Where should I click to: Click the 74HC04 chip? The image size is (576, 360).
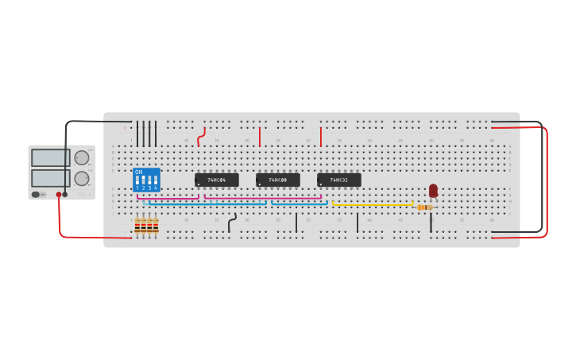(x=216, y=180)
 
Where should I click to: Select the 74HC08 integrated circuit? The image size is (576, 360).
(x=277, y=180)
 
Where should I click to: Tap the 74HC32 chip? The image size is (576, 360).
(x=338, y=180)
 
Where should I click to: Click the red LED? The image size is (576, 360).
(x=433, y=191)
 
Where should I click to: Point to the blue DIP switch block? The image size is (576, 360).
(x=146, y=180)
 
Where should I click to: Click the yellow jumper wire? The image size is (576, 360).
(x=373, y=205)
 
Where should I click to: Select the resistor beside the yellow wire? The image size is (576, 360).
(x=424, y=207)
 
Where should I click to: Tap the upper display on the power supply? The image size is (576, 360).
(x=50, y=157)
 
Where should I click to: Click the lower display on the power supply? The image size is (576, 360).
(x=50, y=178)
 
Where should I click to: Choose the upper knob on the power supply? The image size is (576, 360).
(x=82, y=157)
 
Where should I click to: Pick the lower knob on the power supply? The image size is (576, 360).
(x=82, y=178)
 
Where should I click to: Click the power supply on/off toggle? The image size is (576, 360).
(x=36, y=194)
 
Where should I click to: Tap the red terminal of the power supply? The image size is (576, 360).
(x=58, y=195)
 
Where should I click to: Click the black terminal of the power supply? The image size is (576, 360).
(x=65, y=195)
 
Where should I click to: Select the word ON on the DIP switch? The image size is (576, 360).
(x=138, y=172)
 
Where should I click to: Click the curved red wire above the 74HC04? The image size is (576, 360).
(x=202, y=138)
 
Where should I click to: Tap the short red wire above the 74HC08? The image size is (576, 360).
(x=260, y=137)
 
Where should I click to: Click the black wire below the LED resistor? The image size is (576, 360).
(x=431, y=222)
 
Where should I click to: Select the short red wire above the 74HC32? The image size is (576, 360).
(x=321, y=137)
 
